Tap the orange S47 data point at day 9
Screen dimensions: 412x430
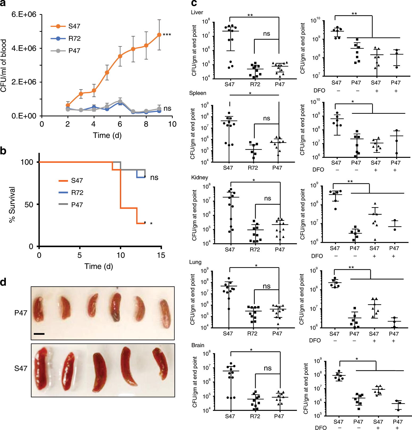coord(159,35)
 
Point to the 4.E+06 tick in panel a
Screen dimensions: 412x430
coord(24,48)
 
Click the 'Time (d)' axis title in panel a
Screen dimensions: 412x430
coord(107,135)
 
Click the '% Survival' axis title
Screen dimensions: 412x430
coord(12,205)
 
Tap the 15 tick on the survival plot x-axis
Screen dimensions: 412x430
coord(161,255)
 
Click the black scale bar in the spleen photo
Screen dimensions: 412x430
coord(39,334)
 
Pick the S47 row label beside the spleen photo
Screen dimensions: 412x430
coord(21,368)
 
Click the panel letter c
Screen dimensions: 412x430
coord(194,3)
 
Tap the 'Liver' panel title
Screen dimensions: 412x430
coord(197,12)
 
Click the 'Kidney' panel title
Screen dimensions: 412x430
coord(200,177)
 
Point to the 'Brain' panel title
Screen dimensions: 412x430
coord(198,345)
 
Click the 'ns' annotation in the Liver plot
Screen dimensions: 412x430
coord(266,34)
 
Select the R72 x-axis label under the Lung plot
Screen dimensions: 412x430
coord(252,333)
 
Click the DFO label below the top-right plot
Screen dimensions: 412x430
coord(319,90)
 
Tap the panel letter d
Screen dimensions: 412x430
coord(3,282)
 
